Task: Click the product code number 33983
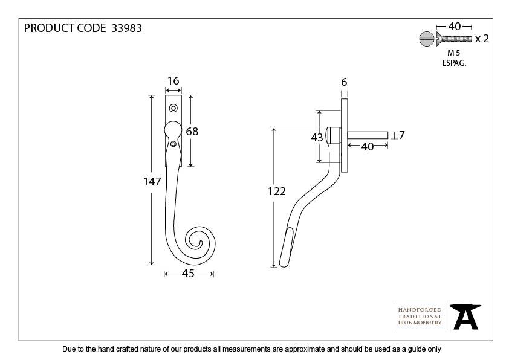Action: pyautogui.click(x=127, y=28)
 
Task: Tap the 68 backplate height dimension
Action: pyautogui.click(x=192, y=131)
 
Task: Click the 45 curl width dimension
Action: pyautogui.click(x=188, y=274)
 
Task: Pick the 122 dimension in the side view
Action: pyautogui.click(x=277, y=191)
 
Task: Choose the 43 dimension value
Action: pyautogui.click(x=317, y=138)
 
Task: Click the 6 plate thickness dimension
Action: pyautogui.click(x=344, y=82)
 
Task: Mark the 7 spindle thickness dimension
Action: pyautogui.click(x=401, y=135)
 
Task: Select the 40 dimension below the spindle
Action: pyautogui.click(x=367, y=146)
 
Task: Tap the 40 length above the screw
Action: pyautogui.click(x=455, y=26)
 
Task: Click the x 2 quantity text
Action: pyautogui.click(x=482, y=39)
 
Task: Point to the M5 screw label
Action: pyautogui.click(x=454, y=53)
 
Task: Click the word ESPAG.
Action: pyautogui.click(x=454, y=62)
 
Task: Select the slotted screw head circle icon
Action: pyautogui.click(x=425, y=39)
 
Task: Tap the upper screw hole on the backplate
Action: pyautogui.click(x=173, y=109)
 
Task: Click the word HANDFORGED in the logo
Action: pyautogui.click(x=420, y=309)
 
